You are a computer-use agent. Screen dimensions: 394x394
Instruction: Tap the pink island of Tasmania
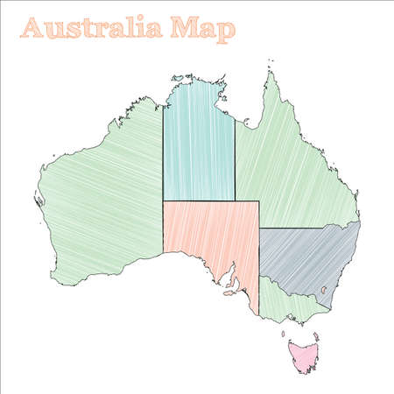[x=304, y=355]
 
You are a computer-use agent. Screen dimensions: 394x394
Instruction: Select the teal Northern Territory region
[x=199, y=144]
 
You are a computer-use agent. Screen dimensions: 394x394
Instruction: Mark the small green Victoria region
[x=289, y=303]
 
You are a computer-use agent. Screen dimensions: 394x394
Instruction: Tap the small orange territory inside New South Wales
[x=324, y=290]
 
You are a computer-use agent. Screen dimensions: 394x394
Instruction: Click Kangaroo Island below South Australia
[x=229, y=293]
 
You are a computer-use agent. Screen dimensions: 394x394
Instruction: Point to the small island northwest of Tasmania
[x=283, y=332]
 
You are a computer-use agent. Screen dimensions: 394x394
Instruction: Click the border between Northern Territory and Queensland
[x=235, y=158]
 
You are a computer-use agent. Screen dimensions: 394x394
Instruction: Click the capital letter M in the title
[x=185, y=28]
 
